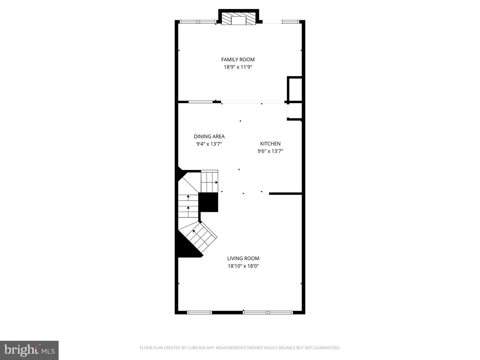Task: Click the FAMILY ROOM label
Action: (x=238, y=59)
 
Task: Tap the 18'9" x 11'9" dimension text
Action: (x=238, y=67)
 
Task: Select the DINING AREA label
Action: (x=209, y=136)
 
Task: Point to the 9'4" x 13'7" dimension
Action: (x=209, y=144)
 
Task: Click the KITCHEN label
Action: (x=270, y=144)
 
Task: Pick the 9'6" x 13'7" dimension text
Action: (x=270, y=151)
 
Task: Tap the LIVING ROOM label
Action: (x=243, y=258)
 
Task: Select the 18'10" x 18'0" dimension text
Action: (x=243, y=266)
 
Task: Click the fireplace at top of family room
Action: (x=238, y=20)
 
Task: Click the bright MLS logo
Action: (x=29, y=350)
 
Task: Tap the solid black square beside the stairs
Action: (x=208, y=202)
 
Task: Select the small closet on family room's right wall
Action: (x=295, y=90)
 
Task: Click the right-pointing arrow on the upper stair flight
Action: (x=216, y=182)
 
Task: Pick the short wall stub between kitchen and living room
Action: (x=285, y=193)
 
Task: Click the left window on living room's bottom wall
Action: (x=199, y=312)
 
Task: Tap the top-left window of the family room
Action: (x=198, y=22)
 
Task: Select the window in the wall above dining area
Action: (x=200, y=102)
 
